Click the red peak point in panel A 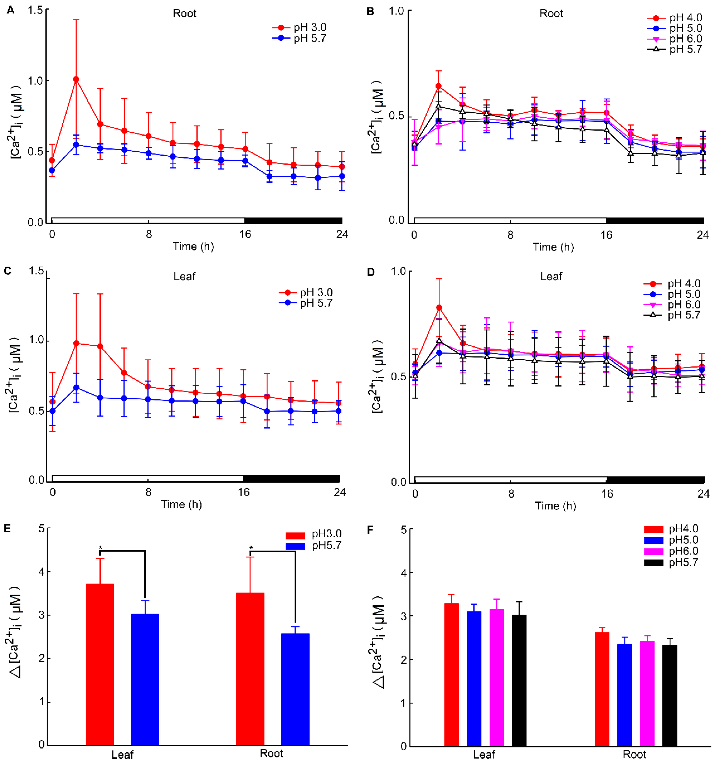(x=76, y=79)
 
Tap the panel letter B (x=370, y=11)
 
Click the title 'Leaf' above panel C (x=184, y=276)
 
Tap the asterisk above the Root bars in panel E (x=251, y=548)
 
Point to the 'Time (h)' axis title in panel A (x=193, y=246)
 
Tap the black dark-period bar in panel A (x=293, y=221)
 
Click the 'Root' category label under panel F (x=634, y=754)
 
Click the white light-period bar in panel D (x=511, y=480)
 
